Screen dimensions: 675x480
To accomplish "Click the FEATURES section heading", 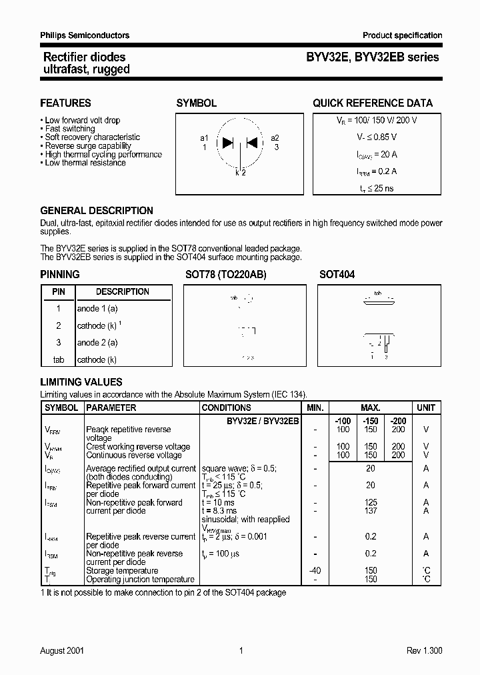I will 65,103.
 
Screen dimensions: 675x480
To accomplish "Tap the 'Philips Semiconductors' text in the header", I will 85,35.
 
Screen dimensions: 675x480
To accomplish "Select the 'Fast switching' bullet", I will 69,129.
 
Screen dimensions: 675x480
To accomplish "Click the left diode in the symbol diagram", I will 227,142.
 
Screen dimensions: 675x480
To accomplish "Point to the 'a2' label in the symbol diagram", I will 275,138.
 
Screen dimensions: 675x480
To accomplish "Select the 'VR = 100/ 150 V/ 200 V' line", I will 377,120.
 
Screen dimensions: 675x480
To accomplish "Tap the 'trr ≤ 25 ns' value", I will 377,189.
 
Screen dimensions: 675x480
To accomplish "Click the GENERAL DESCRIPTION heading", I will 97,211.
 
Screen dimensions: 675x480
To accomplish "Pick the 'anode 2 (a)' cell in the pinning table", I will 97,343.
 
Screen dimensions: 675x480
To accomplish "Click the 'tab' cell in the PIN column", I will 58,360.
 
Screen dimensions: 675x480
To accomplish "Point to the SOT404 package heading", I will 337,275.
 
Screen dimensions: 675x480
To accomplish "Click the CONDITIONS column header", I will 226,408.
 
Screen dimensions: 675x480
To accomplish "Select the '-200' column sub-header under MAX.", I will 398,422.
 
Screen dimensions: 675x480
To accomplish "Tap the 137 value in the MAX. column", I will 371,511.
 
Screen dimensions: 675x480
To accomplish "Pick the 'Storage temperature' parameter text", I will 122,571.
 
